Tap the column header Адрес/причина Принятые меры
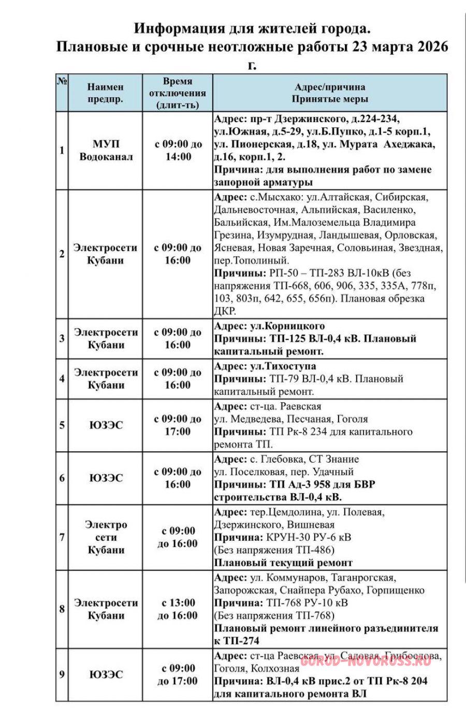point(330,93)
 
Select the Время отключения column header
point(177,93)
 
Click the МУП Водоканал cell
point(106,150)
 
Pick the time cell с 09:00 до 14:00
point(177,150)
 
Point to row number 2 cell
point(62,254)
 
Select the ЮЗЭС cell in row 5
point(106,425)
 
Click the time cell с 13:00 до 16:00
point(177,609)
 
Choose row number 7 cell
point(62,537)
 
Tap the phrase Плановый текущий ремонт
point(283,563)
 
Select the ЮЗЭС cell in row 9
point(106,674)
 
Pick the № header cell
point(62,81)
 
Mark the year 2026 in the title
point(428,47)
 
